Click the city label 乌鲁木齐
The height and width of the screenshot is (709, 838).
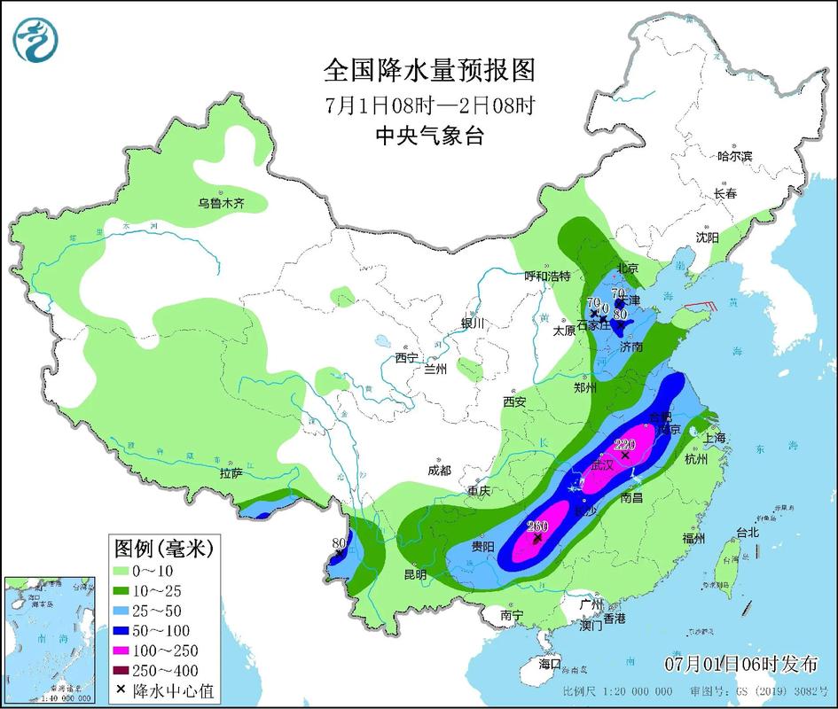pyautogui.click(x=221, y=203)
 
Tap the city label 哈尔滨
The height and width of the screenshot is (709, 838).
pyautogui.click(x=734, y=156)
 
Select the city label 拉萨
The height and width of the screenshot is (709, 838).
pyautogui.click(x=231, y=474)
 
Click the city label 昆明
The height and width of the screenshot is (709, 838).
pyautogui.click(x=415, y=574)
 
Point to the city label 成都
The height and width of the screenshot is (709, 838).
pyautogui.click(x=438, y=471)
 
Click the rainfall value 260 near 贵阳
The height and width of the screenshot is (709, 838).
pyautogui.click(x=537, y=526)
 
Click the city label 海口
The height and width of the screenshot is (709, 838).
pyautogui.click(x=550, y=663)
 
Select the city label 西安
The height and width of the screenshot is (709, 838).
pyautogui.click(x=514, y=401)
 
